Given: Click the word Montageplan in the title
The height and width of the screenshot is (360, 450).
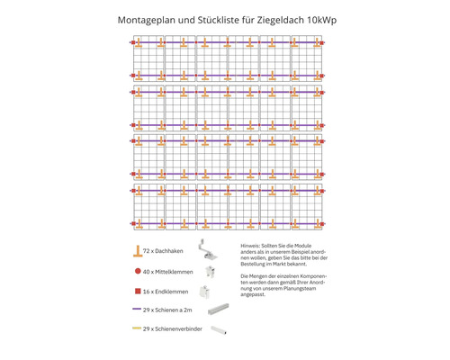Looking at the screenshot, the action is [x=148, y=18].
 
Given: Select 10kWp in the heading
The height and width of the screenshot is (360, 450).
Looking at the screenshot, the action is [x=316, y=18].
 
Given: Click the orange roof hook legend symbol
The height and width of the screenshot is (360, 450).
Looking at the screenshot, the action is [x=138, y=251].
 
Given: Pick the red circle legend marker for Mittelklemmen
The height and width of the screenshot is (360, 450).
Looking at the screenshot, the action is [x=138, y=271].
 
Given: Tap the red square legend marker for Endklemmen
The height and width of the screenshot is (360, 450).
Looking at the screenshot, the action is [x=138, y=291].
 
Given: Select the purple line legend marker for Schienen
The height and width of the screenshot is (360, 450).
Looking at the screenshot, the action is [x=138, y=310].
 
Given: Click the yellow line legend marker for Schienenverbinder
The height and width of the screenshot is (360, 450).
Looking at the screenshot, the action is [x=138, y=330].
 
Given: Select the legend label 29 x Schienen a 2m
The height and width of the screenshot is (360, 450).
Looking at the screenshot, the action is [x=172, y=310].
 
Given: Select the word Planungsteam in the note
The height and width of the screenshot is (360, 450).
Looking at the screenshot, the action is [x=299, y=292].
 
